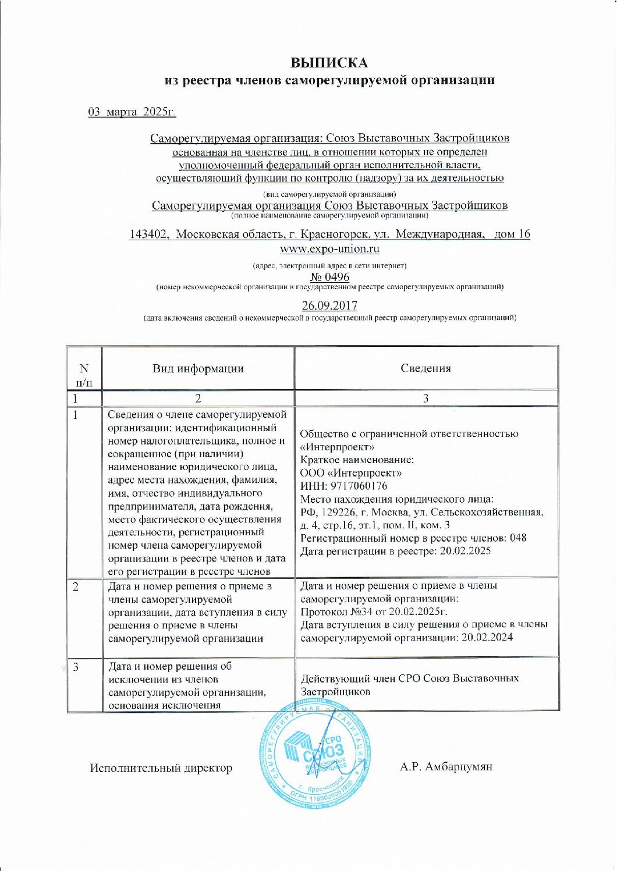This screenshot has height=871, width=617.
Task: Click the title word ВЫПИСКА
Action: coord(329,62)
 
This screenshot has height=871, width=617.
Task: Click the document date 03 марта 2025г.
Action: coord(132,112)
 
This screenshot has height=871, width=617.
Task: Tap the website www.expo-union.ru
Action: coord(329,249)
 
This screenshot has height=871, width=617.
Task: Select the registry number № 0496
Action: coord(329,277)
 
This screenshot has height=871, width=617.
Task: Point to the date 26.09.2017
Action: coord(329,305)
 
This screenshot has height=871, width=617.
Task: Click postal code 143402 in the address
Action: coord(150,234)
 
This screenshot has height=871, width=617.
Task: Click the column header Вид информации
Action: coord(198,368)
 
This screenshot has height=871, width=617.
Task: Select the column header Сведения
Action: coord(425,368)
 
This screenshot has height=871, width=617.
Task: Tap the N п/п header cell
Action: coord(84,375)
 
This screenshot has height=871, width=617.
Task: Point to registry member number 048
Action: coord(518,538)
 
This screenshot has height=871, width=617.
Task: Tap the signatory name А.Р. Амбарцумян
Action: coord(446,767)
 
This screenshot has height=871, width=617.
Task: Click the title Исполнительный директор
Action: coord(161,768)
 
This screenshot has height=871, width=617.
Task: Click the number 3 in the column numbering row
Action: coord(425,399)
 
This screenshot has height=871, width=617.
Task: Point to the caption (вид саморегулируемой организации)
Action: coord(329,194)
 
